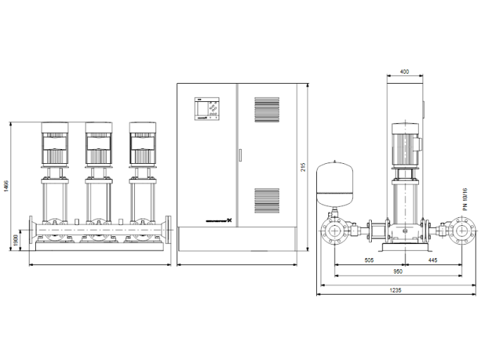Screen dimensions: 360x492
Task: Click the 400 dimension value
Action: click(404, 72)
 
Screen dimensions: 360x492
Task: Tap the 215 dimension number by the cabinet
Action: click(303, 167)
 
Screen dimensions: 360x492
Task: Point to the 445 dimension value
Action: click(432, 260)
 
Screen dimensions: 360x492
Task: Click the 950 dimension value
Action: click(398, 271)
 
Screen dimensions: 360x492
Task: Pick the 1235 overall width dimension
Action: click(398, 290)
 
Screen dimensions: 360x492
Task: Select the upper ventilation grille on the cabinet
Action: click(266, 111)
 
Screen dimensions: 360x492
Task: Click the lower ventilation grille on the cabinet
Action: click(266, 202)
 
